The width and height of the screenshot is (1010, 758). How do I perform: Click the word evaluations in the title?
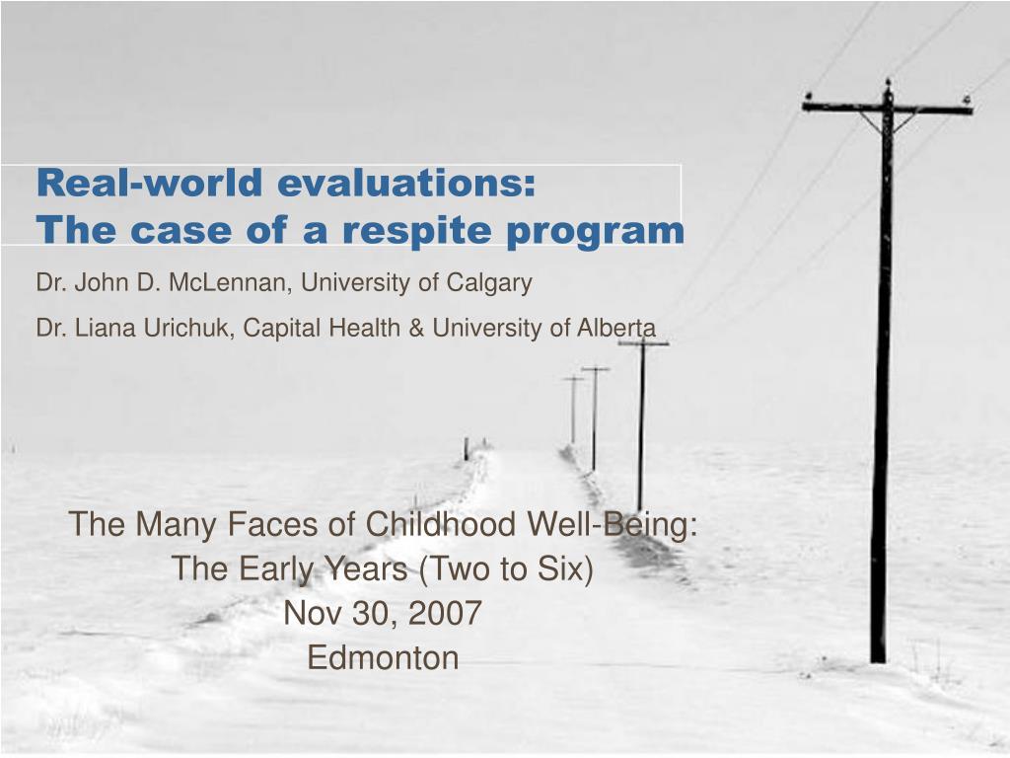(x=406, y=183)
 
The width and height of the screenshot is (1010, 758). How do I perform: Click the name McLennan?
(x=226, y=282)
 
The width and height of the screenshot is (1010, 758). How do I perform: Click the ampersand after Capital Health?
(x=416, y=328)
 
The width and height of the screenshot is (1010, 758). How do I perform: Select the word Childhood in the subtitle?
(x=441, y=523)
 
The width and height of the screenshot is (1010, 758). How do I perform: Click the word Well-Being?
(x=612, y=525)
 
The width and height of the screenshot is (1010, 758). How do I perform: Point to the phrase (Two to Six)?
(x=506, y=568)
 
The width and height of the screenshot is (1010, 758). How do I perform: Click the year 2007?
(x=445, y=612)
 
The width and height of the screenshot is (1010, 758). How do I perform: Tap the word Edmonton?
(x=383, y=657)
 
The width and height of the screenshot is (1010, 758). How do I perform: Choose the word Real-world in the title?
(x=150, y=183)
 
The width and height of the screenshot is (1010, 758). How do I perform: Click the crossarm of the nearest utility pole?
(x=887, y=108)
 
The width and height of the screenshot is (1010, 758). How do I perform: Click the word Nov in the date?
(x=313, y=612)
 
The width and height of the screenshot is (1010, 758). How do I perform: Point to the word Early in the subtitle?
(x=277, y=569)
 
